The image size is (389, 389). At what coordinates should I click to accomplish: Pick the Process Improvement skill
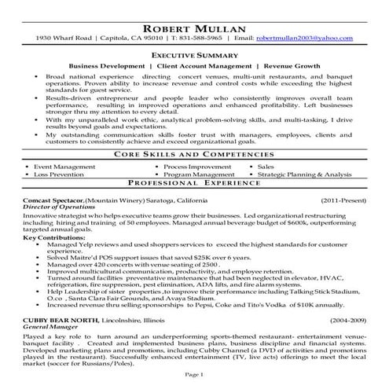(201, 146)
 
